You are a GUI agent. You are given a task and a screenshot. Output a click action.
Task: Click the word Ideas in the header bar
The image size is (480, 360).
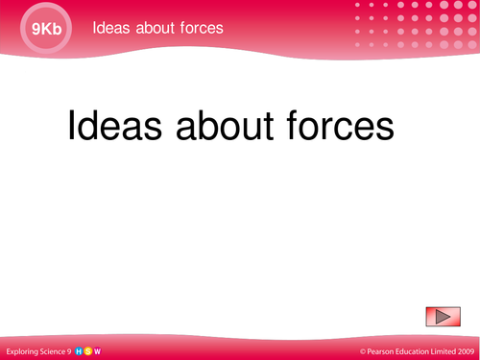coord(110,27)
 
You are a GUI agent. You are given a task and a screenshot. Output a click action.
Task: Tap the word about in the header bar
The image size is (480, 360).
coord(158,27)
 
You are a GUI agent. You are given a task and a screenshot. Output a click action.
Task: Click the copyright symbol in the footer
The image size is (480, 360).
coord(364,351)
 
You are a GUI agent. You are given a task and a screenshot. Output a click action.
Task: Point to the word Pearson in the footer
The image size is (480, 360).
coord(383,351)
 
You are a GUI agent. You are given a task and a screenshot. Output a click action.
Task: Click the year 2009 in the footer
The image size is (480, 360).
coord(470,351)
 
